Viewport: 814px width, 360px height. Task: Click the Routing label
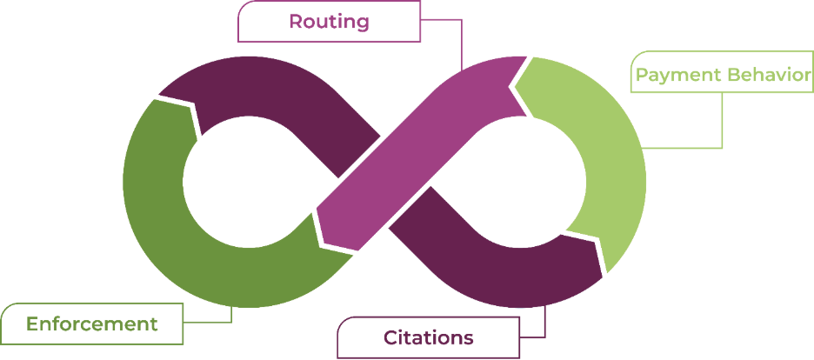(x=329, y=21)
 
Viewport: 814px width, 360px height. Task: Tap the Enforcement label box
(x=91, y=324)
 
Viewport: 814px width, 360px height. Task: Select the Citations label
(x=428, y=337)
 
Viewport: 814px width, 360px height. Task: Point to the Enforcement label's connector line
(x=231, y=317)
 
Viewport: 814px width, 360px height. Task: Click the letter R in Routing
(x=295, y=21)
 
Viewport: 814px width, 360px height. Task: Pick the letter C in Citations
(x=390, y=337)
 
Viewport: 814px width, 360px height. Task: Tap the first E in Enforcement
(x=31, y=324)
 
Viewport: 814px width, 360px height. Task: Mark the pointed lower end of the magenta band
(x=320, y=213)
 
